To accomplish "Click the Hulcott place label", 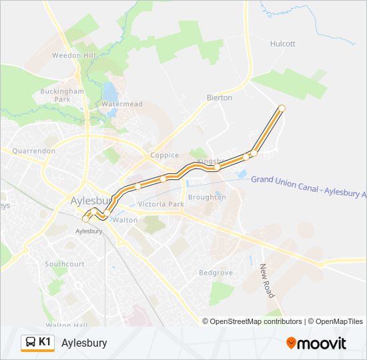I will [x=283, y=44].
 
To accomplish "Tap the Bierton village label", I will [x=220, y=97].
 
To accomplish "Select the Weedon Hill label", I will [x=75, y=55].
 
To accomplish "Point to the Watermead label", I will [x=121, y=104].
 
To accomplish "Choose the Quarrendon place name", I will [x=33, y=151].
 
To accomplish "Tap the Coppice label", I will [x=164, y=155].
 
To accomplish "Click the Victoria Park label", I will [x=161, y=204].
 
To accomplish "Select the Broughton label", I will [x=207, y=197].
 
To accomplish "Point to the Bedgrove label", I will [x=215, y=273].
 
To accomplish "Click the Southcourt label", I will [x=65, y=264].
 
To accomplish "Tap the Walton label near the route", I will [x=125, y=219].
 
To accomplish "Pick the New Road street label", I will [x=267, y=280].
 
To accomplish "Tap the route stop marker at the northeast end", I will [x=282, y=108].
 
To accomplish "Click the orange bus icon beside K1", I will [x=30, y=343].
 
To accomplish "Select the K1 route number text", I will [x=45, y=342].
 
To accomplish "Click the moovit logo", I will [x=316, y=343].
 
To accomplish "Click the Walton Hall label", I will [x=67, y=325].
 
